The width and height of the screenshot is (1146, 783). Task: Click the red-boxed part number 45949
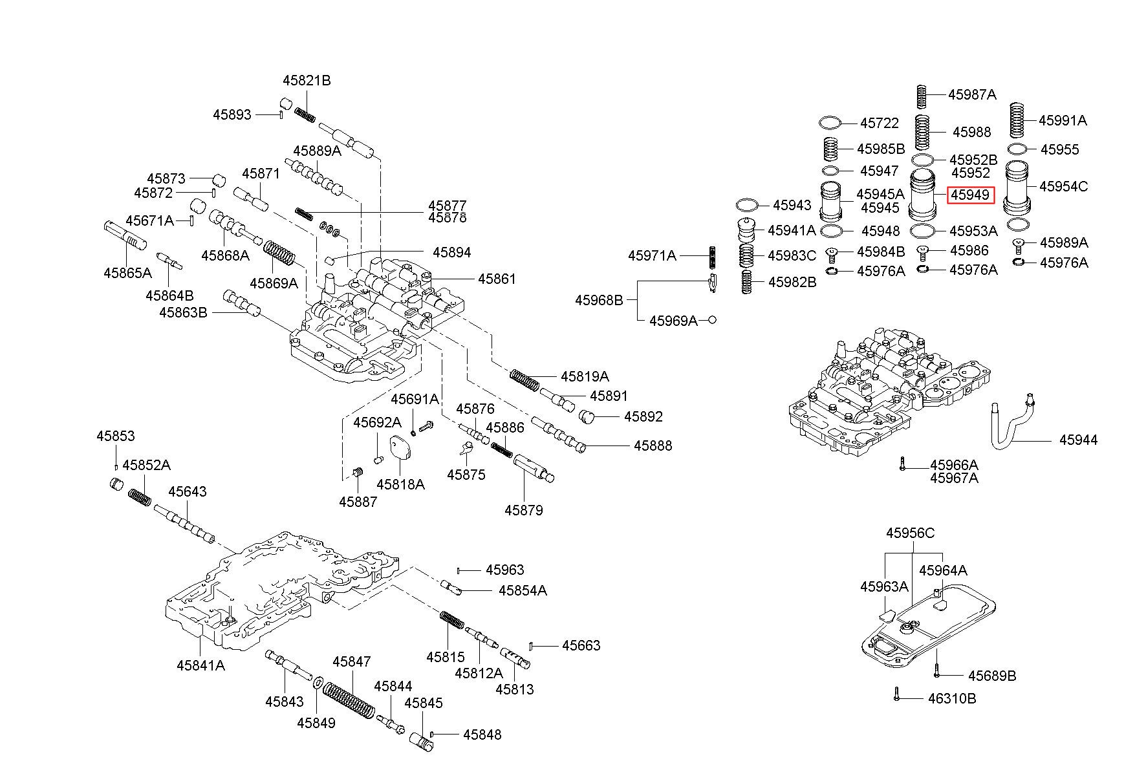point(969,195)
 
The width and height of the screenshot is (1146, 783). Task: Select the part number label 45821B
point(307,81)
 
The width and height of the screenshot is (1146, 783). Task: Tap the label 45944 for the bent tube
point(1078,440)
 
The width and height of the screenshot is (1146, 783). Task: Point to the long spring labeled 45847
point(348,700)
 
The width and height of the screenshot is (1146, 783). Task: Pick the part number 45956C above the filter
point(910,533)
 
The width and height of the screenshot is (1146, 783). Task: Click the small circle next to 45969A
point(712,319)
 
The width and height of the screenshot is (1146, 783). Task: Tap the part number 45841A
point(200,665)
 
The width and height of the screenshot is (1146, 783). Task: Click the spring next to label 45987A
point(923,96)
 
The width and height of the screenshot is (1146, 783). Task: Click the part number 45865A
point(127,274)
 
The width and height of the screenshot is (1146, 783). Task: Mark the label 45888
point(653,446)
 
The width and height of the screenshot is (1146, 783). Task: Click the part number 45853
point(116,436)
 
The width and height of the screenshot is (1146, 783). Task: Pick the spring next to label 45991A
point(1018,121)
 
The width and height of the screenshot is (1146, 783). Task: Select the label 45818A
point(400,484)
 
